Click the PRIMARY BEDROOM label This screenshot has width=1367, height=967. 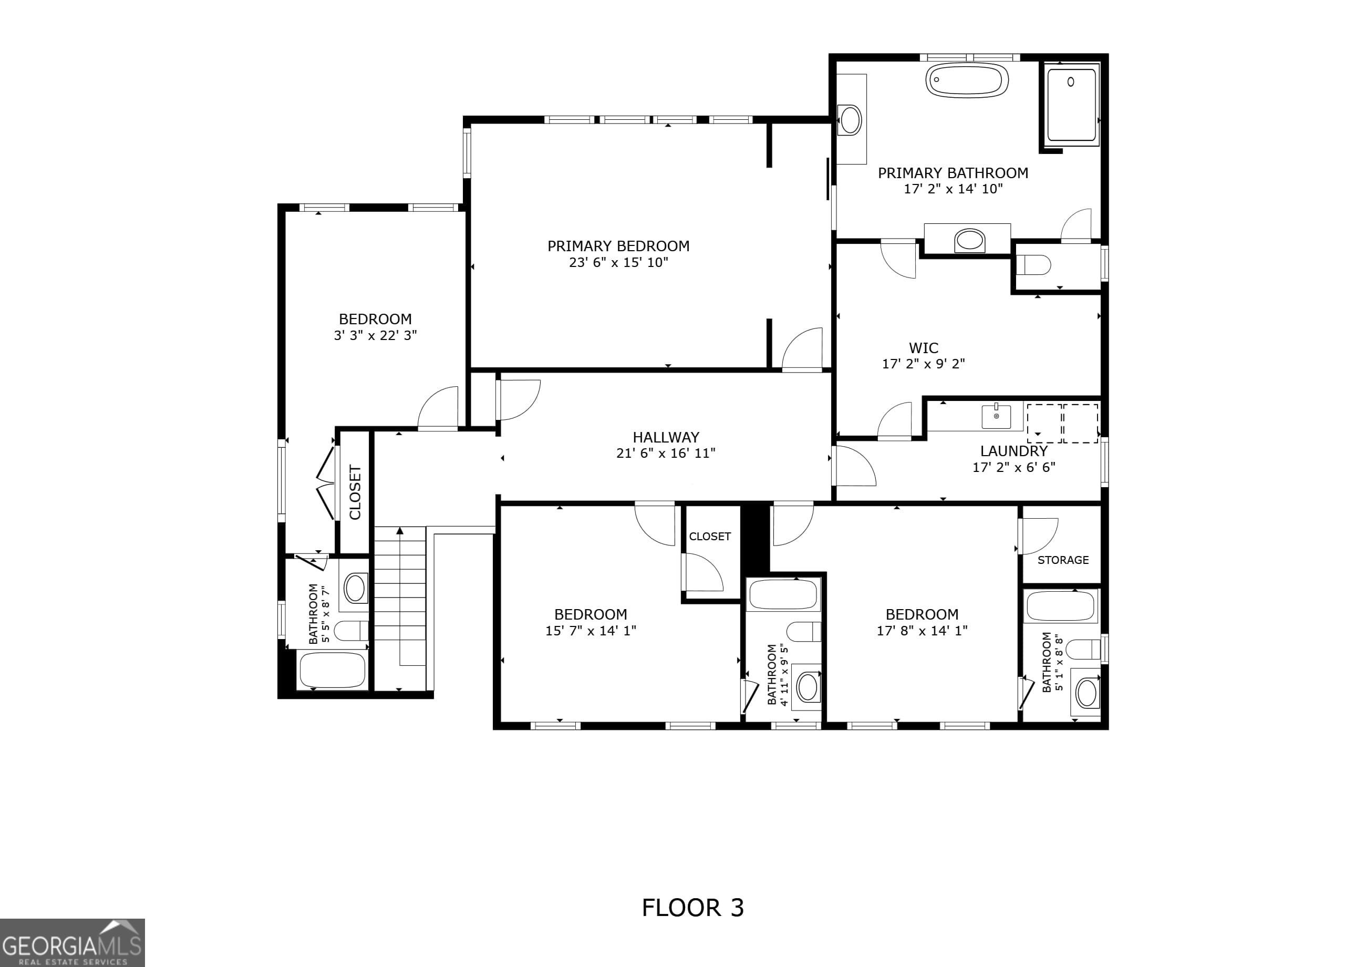click(x=618, y=246)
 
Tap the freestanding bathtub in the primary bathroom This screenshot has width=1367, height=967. click(x=967, y=80)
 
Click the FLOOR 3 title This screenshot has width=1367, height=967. click(x=692, y=908)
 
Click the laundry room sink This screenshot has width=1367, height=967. click(x=996, y=416)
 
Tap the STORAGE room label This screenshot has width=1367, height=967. click(x=1063, y=560)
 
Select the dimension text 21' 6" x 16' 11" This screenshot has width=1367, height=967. click(x=666, y=453)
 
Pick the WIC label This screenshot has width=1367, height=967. click(x=924, y=348)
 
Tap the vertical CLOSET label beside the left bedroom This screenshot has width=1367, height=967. click(x=355, y=492)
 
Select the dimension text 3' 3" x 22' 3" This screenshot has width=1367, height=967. click(x=375, y=335)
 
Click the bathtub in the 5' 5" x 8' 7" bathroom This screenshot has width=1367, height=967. click(x=332, y=671)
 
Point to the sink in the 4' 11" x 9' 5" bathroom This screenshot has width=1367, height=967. click(x=807, y=687)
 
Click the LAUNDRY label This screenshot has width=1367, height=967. click(x=1013, y=451)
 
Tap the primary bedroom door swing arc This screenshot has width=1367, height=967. click(x=801, y=350)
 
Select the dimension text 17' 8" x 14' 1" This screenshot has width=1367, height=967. click(x=921, y=631)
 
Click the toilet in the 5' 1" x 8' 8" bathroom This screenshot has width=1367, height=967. click(x=1083, y=650)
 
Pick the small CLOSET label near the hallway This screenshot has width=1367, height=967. click(x=710, y=537)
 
